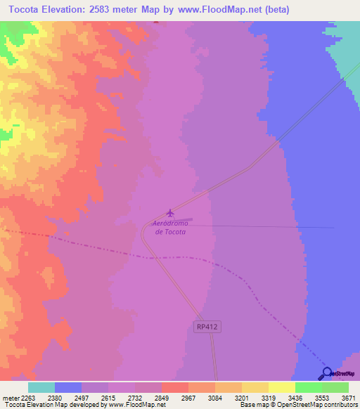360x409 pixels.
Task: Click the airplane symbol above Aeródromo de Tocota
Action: point(169,213)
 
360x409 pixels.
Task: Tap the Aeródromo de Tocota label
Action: point(169,228)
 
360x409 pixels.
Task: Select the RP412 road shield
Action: point(204,326)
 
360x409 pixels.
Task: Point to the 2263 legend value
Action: point(27,396)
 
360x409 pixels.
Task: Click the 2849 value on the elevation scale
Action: point(162,396)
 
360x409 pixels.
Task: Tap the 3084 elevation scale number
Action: point(215,396)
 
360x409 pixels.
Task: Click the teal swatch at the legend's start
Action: point(41,387)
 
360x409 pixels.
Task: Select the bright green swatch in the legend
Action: point(308,387)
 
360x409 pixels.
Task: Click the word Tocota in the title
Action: point(29,10)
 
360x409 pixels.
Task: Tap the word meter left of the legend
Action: point(9,396)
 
